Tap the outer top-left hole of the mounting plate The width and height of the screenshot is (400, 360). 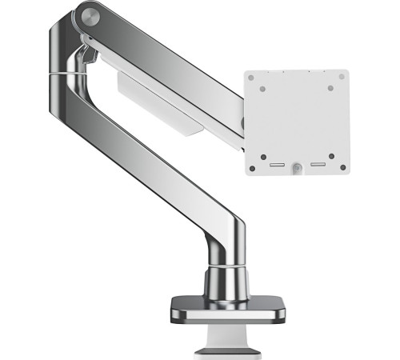coord(251,78)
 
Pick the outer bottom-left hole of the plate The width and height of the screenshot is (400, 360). coord(251,168)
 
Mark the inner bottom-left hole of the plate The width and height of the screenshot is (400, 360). coord(264,156)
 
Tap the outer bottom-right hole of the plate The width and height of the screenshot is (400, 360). coord(342,168)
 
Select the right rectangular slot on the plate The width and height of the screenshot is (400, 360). coord(318,166)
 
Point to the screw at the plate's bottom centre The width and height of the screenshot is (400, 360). coord(297,169)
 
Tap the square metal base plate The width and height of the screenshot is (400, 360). coord(227,310)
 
